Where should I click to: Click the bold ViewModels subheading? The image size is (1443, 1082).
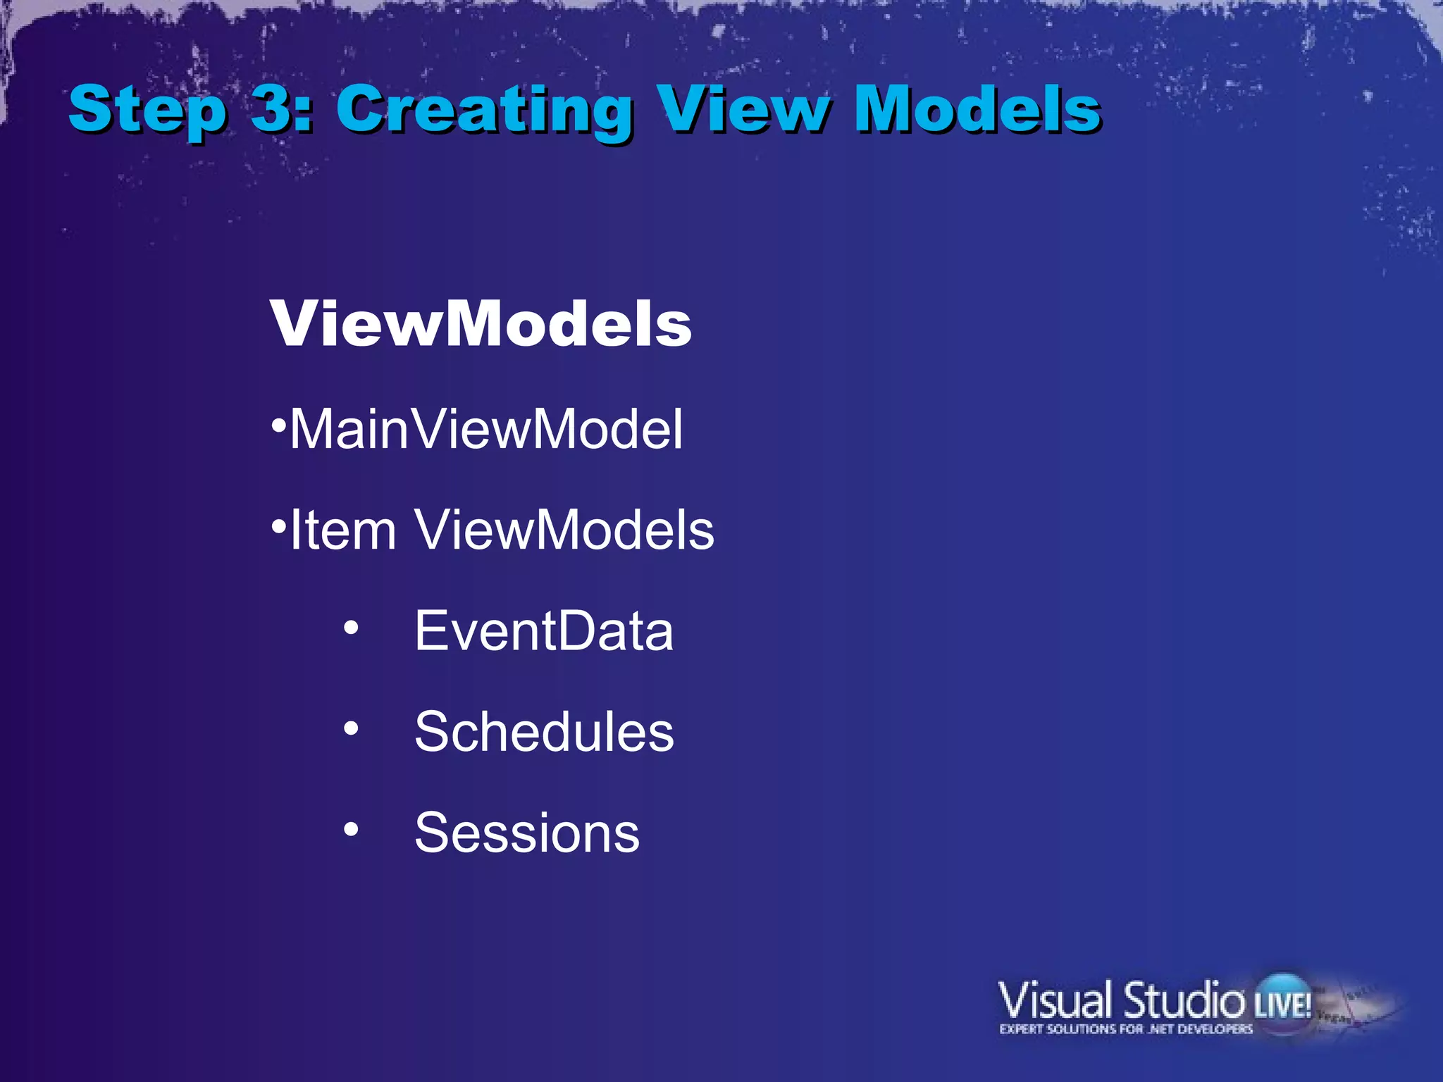point(481,324)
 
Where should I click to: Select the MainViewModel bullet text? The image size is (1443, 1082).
point(486,429)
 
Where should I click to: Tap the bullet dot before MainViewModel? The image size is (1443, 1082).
point(280,425)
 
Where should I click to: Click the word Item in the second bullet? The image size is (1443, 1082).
point(343,530)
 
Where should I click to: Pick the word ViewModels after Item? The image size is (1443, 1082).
point(564,530)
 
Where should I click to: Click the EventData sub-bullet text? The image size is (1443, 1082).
point(543,630)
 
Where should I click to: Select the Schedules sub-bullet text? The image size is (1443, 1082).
point(543,731)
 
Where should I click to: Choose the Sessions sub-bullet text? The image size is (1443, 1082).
point(526,833)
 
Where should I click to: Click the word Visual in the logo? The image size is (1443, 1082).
point(1054,1000)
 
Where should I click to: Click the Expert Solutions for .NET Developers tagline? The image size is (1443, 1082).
point(1125,1029)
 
